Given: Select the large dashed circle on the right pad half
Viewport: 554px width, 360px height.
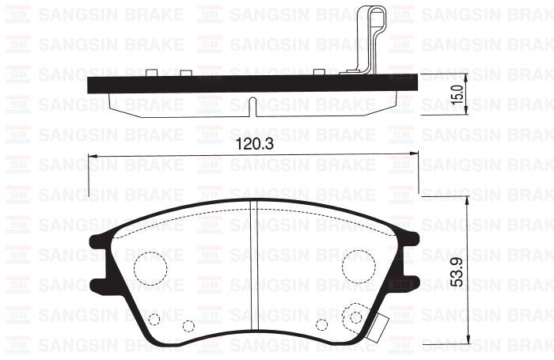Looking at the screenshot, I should (357, 267).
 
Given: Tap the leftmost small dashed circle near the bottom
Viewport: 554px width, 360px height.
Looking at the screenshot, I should (154, 320).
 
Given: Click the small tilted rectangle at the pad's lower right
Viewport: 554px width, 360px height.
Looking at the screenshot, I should (380, 324).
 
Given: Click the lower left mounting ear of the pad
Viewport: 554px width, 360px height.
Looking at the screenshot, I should (98, 284).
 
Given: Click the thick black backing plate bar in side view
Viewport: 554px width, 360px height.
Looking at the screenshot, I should (237, 83).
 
